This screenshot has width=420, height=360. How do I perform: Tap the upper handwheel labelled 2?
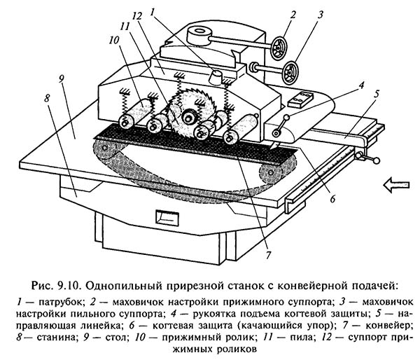(279, 48)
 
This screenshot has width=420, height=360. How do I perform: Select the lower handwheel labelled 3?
(288, 71)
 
